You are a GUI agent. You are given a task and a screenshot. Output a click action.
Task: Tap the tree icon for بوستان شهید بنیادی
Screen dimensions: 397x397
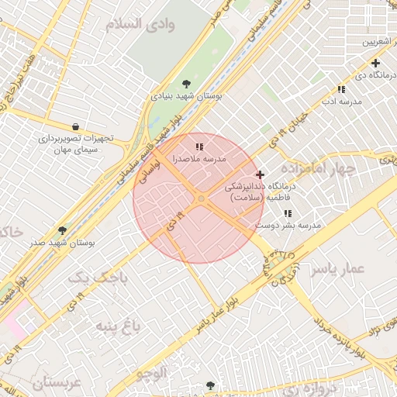(186, 84)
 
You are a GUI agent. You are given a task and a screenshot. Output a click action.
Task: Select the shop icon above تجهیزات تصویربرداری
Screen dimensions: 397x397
(75, 126)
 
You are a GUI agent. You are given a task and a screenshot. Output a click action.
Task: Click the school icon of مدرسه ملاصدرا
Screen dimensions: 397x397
(199, 146)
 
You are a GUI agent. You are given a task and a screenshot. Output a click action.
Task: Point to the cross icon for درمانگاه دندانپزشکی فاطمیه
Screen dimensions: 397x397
(260, 174)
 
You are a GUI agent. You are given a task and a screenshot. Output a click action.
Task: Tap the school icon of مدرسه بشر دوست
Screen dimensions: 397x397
(288, 213)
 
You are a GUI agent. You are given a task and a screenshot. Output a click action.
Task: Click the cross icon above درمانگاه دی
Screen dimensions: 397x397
(375, 63)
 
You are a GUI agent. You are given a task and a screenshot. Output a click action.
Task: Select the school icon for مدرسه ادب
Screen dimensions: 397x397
(342, 89)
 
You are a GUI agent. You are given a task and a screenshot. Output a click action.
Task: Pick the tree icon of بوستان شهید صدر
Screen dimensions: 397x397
(63, 230)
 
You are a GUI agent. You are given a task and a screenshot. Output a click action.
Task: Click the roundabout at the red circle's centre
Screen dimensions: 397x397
(201, 199)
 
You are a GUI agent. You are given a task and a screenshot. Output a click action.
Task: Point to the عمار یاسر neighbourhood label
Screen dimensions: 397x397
(337, 269)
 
